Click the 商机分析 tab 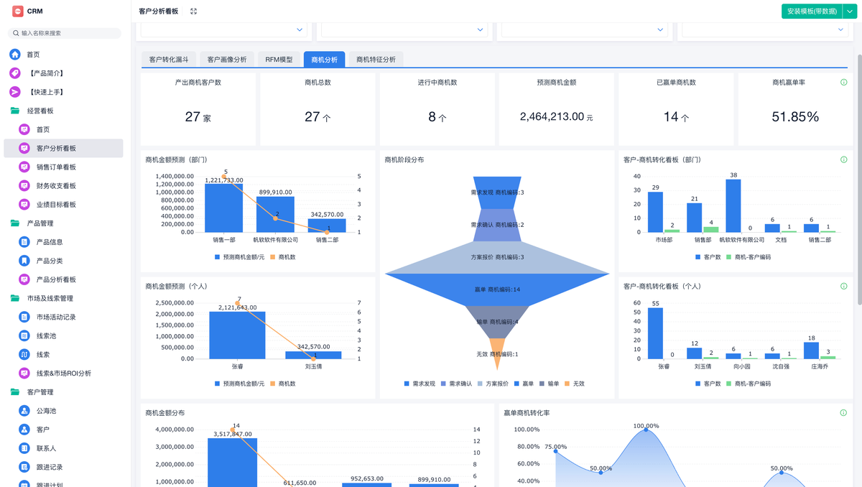pyautogui.click(x=324, y=60)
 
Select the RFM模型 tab pyautogui.click(x=279, y=60)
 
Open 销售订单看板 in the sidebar pyautogui.click(x=56, y=167)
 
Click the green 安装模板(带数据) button pyautogui.click(x=811, y=11)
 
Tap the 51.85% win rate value pyautogui.click(x=795, y=116)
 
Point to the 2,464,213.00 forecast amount pyautogui.click(x=552, y=116)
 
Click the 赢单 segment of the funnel pyautogui.click(x=497, y=289)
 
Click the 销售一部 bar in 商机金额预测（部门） pyautogui.click(x=223, y=208)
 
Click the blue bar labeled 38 pyautogui.click(x=733, y=205)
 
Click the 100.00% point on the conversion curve pyautogui.click(x=646, y=429)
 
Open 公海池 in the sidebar pyautogui.click(x=46, y=411)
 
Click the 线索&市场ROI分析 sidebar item pyautogui.click(x=63, y=374)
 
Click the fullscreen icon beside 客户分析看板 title pyautogui.click(x=193, y=11)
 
